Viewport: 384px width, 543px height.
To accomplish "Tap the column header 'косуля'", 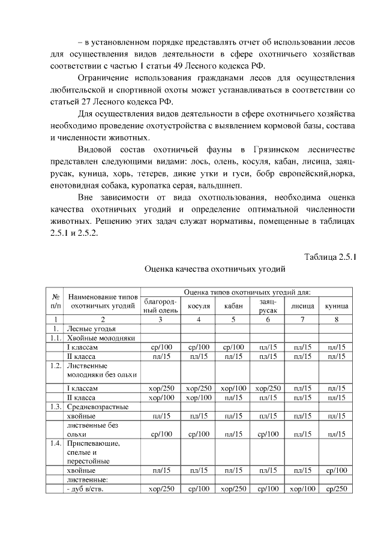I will pyautogui.click(x=199, y=305).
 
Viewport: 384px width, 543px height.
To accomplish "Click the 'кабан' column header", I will pyautogui.click(x=233, y=305).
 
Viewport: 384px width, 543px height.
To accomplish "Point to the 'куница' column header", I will pyautogui.click(x=337, y=305).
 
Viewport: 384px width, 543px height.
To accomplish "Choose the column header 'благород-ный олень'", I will pyautogui.click(x=160, y=305).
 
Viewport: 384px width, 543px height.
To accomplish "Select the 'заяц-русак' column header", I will pyautogui.click(x=268, y=305).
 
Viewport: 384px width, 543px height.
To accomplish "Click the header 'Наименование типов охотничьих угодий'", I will pyautogui.click(x=103, y=301).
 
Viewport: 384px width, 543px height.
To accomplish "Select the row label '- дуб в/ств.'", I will pyautogui.click(x=87, y=489).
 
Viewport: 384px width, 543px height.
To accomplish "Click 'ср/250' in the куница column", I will pyautogui.click(x=337, y=489).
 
